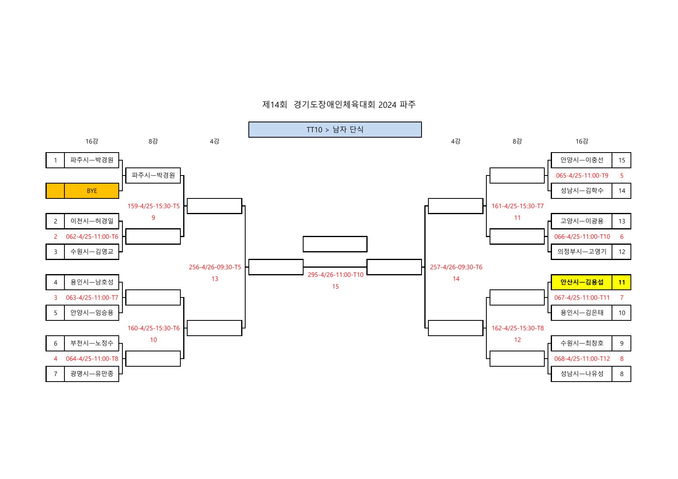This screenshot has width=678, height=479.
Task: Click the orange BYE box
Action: [x=92, y=191]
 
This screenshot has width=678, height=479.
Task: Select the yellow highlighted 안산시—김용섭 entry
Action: [x=582, y=282]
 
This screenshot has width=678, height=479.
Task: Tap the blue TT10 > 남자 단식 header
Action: [x=335, y=130]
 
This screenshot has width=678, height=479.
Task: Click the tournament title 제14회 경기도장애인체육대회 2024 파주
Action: [x=339, y=105]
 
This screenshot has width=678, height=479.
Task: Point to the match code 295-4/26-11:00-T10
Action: [x=335, y=275]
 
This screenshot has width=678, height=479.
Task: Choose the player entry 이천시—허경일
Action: [x=92, y=221]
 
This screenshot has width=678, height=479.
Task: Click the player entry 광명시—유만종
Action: [x=92, y=374]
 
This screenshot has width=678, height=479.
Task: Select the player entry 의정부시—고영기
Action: [x=582, y=252]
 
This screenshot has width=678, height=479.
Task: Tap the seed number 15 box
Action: [x=621, y=160]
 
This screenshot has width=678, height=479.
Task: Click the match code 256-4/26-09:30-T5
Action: [x=215, y=267]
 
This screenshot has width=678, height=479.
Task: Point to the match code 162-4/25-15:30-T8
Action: [x=517, y=328]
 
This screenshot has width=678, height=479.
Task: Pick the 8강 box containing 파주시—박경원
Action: [x=153, y=175]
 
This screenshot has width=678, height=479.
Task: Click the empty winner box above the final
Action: [x=335, y=244]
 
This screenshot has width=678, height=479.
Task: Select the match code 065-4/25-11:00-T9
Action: [x=582, y=175]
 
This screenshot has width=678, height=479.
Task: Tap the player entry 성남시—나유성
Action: [x=582, y=374]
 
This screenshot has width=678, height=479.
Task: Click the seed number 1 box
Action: [x=56, y=160]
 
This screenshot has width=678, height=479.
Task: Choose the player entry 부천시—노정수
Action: [x=92, y=343]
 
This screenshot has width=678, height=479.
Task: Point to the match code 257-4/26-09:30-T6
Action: [x=456, y=267]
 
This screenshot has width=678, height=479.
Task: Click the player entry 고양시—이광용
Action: [x=582, y=221]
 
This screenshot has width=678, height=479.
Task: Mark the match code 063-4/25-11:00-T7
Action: [x=92, y=298]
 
